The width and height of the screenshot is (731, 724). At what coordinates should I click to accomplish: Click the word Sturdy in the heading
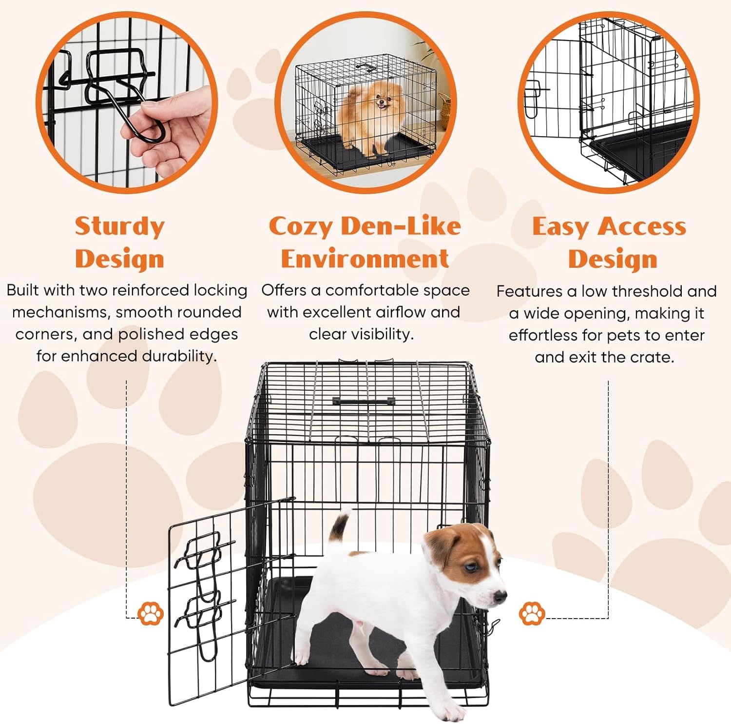click(x=120, y=227)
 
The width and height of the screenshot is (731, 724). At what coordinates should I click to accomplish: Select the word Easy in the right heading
click(x=560, y=227)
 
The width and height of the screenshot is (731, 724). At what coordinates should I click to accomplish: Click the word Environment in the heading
click(x=365, y=259)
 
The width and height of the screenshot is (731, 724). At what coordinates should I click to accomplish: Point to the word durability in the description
click(x=179, y=356)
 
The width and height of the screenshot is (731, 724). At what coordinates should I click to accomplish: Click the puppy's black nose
click(x=500, y=596)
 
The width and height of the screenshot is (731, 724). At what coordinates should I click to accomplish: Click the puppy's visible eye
click(x=470, y=567)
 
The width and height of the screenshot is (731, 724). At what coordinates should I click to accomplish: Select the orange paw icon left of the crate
click(x=151, y=613)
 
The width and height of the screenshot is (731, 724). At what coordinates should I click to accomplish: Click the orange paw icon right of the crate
click(x=532, y=613)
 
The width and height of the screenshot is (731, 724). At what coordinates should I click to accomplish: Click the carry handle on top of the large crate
click(x=364, y=401)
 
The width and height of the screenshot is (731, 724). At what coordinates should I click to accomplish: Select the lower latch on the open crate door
click(x=205, y=610)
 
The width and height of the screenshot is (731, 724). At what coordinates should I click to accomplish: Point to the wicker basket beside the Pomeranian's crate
click(x=444, y=110)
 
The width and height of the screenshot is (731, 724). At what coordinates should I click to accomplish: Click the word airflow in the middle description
click(x=399, y=312)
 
